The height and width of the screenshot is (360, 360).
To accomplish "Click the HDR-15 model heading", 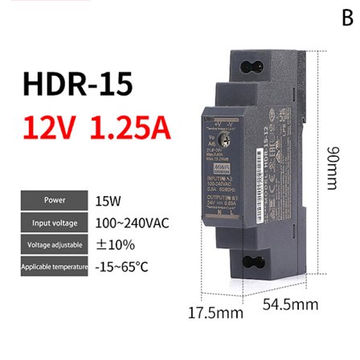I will pyautogui.click(x=77, y=85).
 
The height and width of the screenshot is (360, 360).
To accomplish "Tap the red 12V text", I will pyautogui.click(x=52, y=128).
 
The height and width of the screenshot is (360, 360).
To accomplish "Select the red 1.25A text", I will pyautogui.click(x=129, y=128).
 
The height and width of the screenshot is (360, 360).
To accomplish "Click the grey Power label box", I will pyautogui.click(x=55, y=200).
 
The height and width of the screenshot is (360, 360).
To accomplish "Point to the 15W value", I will pyautogui.click(x=108, y=201).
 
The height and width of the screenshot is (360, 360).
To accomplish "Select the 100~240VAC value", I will pyautogui.click(x=133, y=223).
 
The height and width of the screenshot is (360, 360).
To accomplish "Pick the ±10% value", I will pyautogui.click(x=115, y=244).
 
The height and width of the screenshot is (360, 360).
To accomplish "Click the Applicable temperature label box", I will pyautogui.click(x=55, y=266).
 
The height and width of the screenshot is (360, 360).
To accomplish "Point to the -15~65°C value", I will pyautogui.click(x=121, y=266).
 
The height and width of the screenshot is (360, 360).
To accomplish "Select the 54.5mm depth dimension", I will pyautogui.click(x=290, y=305).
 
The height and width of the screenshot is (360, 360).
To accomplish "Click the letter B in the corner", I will pyautogui.click(x=347, y=18).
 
